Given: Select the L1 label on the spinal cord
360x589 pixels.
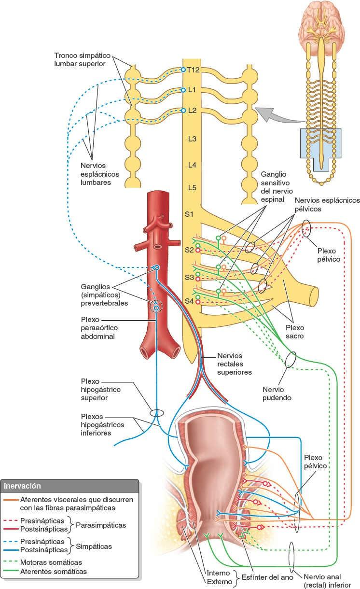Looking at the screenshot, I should click(192, 90).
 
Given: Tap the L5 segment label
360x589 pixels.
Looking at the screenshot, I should click(192, 187).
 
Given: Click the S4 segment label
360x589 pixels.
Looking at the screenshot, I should click(189, 301).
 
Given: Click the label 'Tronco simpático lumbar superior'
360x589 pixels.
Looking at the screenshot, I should click(80, 60).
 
